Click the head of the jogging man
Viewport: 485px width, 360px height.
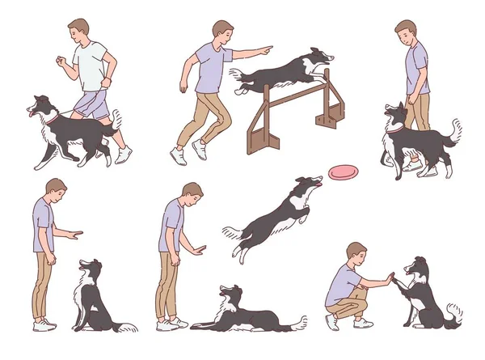tap(78, 32)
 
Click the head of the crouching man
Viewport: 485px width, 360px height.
tap(356, 253)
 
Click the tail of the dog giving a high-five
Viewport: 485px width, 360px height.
tap(454, 311)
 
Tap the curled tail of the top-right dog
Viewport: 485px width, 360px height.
tap(455, 129)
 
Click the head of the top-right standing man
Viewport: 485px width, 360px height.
tap(406, 32)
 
